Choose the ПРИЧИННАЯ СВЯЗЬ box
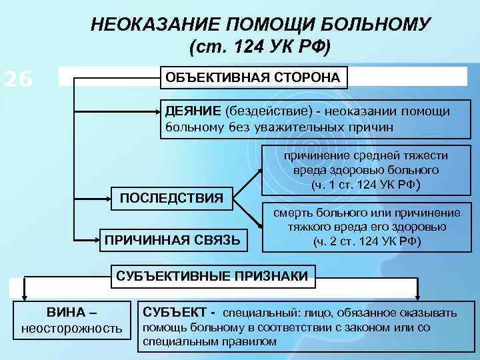172,238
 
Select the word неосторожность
72,328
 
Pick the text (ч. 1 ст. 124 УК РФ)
365,185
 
